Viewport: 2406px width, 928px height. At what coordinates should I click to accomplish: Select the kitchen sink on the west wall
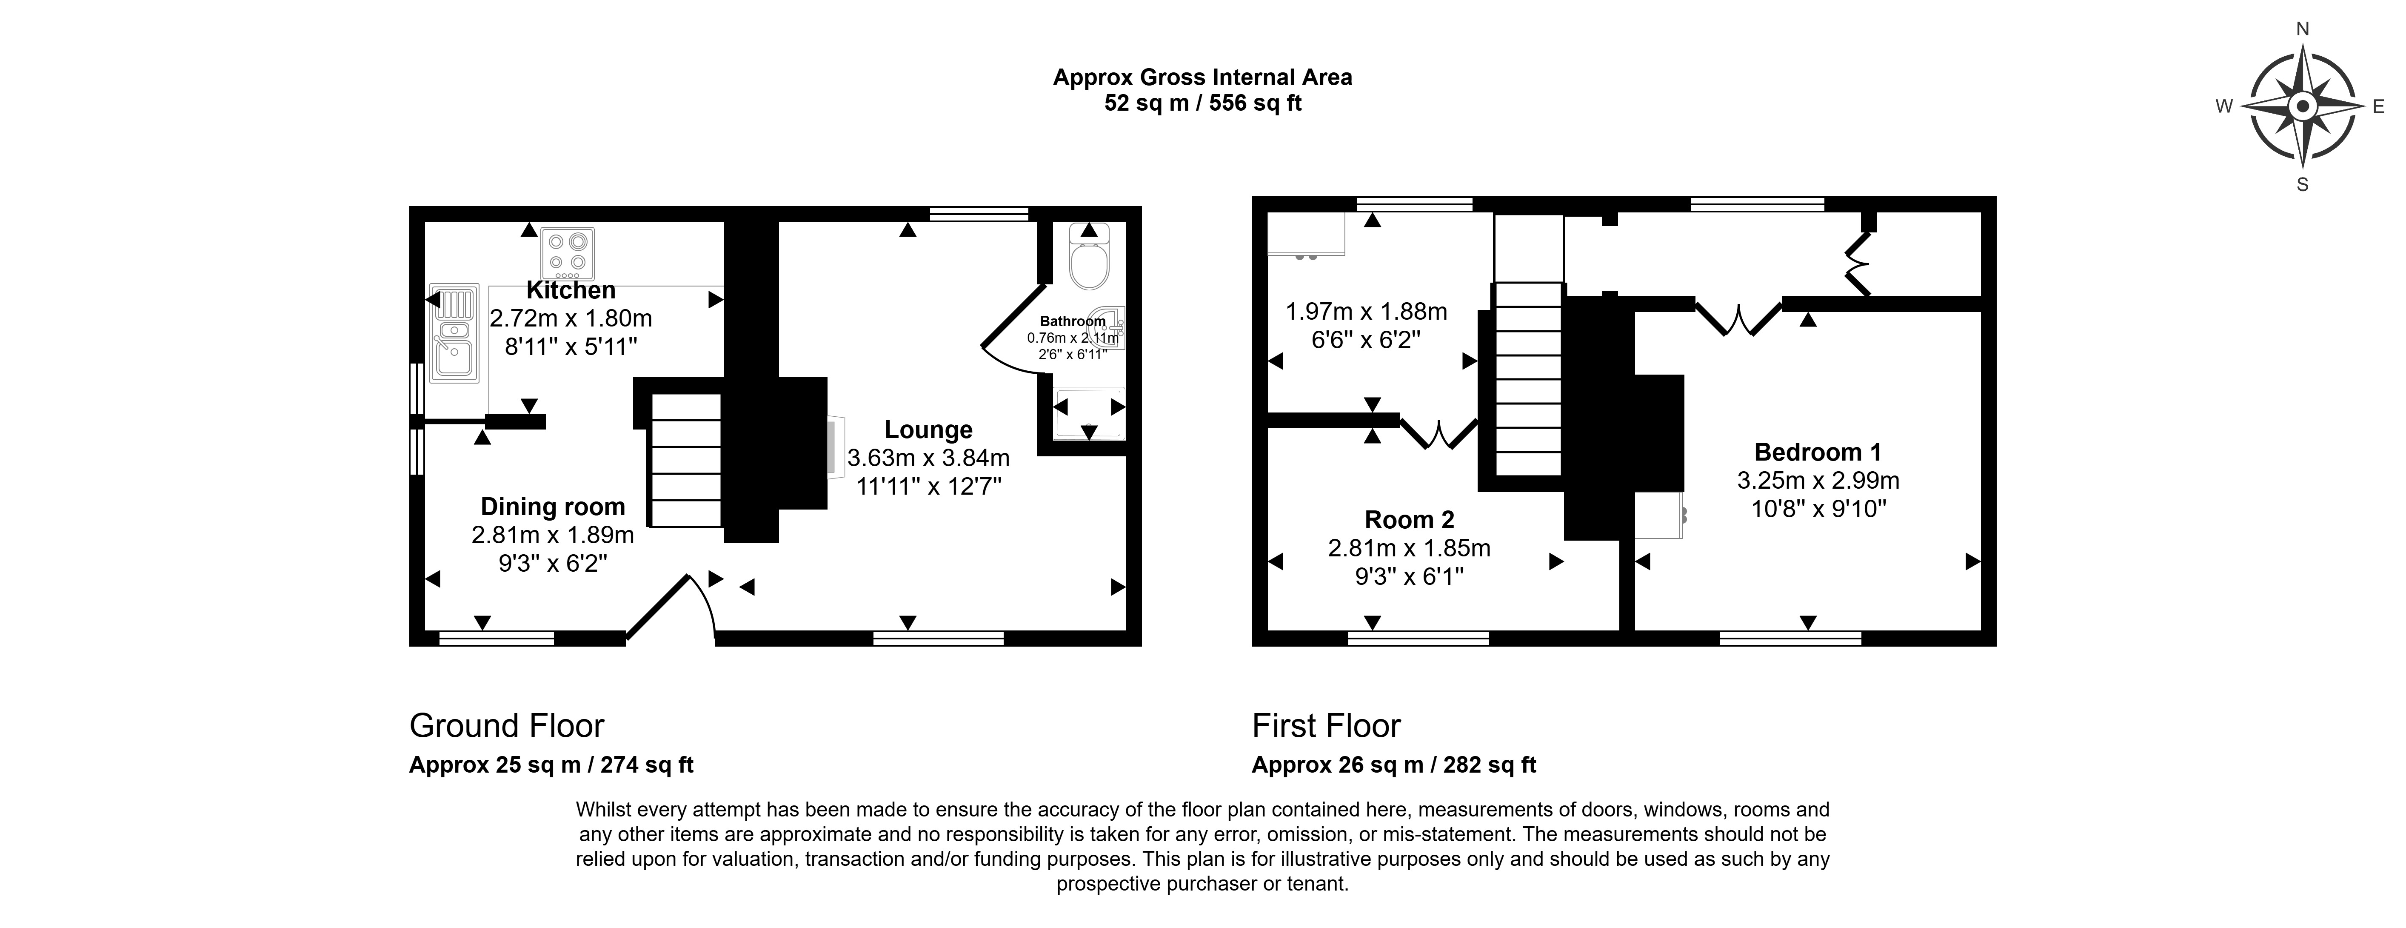pos(454,333)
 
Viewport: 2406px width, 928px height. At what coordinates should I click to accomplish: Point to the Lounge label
pos(928,430)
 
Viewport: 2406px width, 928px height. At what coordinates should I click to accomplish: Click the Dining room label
pos(553,507)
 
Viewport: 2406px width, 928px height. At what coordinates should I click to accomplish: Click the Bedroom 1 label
pos(1818,453)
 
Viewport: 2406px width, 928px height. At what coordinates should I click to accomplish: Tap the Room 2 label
pos(1410,520)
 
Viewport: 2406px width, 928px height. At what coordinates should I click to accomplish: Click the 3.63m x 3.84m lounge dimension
pos(928,458)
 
